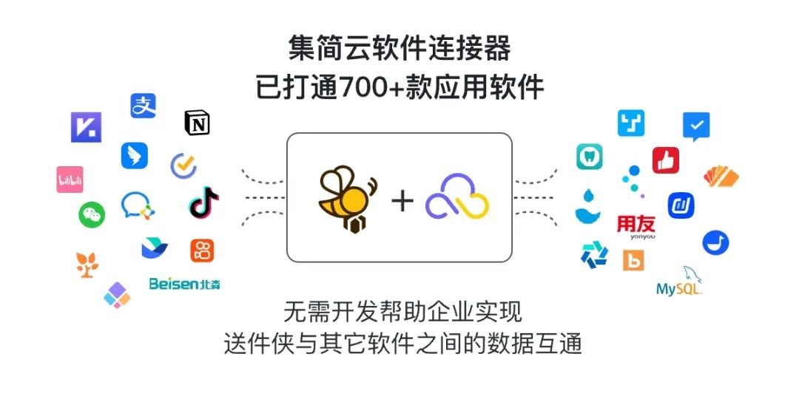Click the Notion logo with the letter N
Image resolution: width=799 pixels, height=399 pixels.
[x=197, y=123]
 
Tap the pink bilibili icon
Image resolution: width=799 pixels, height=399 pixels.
[x=70, y=180]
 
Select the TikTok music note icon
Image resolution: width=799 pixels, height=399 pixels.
[x=203, y=202]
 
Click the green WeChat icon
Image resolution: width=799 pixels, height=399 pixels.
[x=92, y=215]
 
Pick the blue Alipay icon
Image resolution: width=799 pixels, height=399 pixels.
[x=144, y=106]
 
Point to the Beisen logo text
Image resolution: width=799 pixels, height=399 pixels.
[x=184, y=284]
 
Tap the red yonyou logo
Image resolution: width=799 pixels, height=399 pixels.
[x=636, y=227]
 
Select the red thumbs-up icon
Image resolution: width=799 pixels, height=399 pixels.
[x=666, y=160]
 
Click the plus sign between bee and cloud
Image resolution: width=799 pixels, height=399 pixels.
[x=402, y=200]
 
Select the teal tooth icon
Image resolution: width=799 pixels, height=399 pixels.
[x=590, y=157]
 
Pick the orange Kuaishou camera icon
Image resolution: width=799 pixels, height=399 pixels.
[x=202, y=250]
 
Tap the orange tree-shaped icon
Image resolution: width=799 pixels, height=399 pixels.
[x=87, y=265]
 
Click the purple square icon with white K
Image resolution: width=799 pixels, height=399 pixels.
[x=86, y=127]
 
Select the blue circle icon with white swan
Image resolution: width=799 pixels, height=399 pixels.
[x=715, y=243]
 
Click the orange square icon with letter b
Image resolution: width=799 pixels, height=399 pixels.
[x=633, y=260]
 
